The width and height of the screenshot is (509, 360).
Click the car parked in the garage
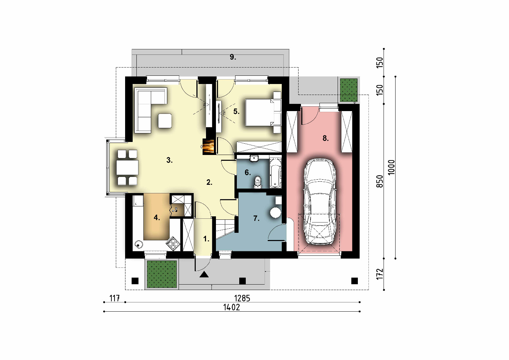point(320,202)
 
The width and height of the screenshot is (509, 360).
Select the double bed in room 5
point(263,112)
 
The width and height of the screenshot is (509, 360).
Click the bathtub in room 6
point(275,172)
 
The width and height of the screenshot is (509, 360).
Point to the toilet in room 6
point(258,182)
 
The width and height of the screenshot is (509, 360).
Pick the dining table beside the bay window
point(127,167)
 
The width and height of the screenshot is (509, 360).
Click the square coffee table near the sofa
point(165,121)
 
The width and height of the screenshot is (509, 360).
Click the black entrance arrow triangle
point(204,275)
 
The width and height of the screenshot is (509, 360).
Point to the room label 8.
point(325,138)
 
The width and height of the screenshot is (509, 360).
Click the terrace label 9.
point(233,57)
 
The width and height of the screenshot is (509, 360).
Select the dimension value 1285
point(242,298)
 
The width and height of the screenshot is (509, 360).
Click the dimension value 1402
point(232,307)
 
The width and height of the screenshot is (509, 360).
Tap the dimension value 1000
point(391,168)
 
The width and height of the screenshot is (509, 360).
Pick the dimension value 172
point(380,274)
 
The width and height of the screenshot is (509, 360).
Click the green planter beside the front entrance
point(162,274)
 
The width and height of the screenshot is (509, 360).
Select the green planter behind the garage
point(349,90)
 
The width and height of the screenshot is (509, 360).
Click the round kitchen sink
point(138,244)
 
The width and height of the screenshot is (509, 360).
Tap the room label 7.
point(256,218)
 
